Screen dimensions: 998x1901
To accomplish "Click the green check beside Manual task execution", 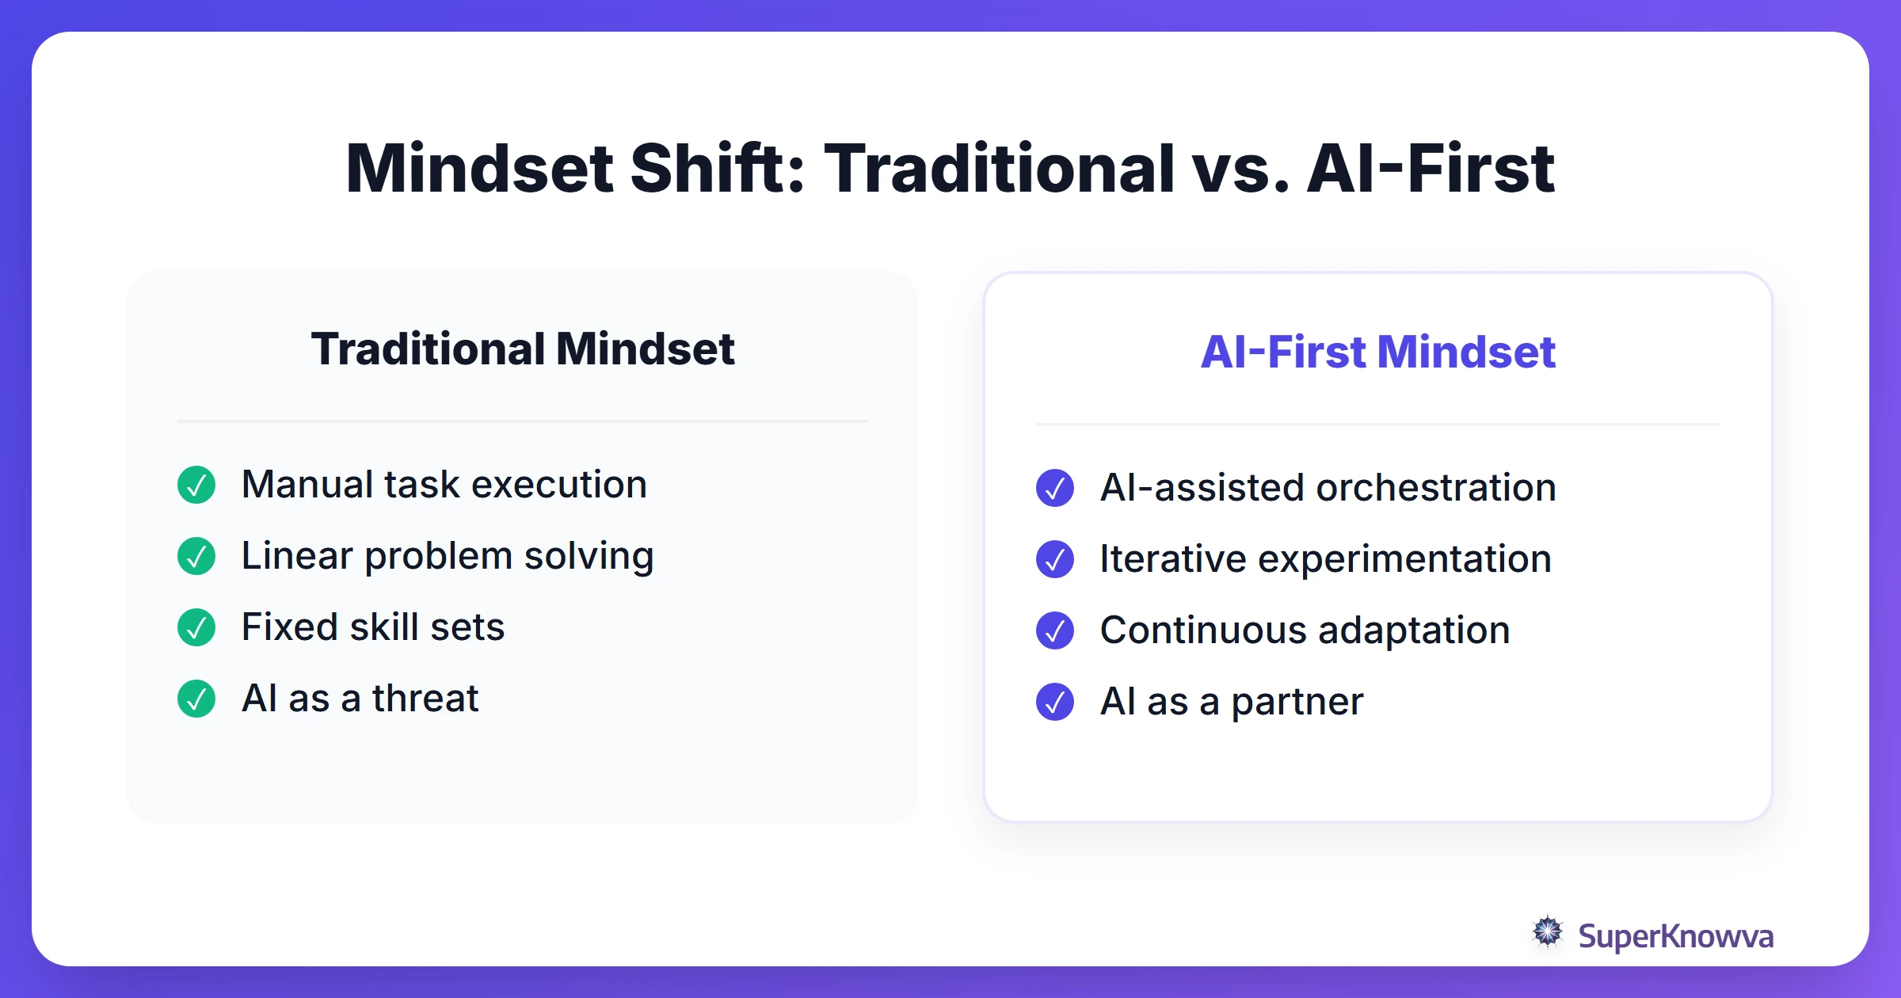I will (196, 485).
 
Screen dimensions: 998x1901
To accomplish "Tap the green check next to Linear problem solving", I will (196, 556).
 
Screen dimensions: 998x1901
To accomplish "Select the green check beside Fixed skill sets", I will (196, 627).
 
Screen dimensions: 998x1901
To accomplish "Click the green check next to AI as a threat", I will (196, 699).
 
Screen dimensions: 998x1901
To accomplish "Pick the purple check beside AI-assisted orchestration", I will (1055, 488).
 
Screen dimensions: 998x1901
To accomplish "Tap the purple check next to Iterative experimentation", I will (1055, 559).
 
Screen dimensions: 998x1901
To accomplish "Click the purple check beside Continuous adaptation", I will (1055, 630).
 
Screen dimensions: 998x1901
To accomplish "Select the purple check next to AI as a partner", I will (1055, 702).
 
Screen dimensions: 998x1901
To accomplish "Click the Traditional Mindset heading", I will (523, 349).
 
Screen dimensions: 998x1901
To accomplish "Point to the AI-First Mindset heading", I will (1377, 352).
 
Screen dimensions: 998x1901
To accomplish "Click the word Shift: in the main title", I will (717, 168).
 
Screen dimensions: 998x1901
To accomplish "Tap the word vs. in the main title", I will (1240, 168).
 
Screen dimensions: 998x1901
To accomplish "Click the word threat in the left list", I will (425, 699).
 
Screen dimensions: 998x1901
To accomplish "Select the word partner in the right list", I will (1297, 702).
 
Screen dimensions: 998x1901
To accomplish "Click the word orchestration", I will (1435, 488).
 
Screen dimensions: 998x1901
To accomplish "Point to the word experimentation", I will (1404, 559).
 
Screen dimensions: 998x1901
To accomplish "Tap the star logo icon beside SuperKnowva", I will (1548, 932).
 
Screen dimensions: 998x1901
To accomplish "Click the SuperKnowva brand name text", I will (1675, 936).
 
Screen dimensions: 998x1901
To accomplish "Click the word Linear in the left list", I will (297, 556).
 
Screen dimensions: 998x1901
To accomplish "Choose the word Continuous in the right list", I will (1203, 630).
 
